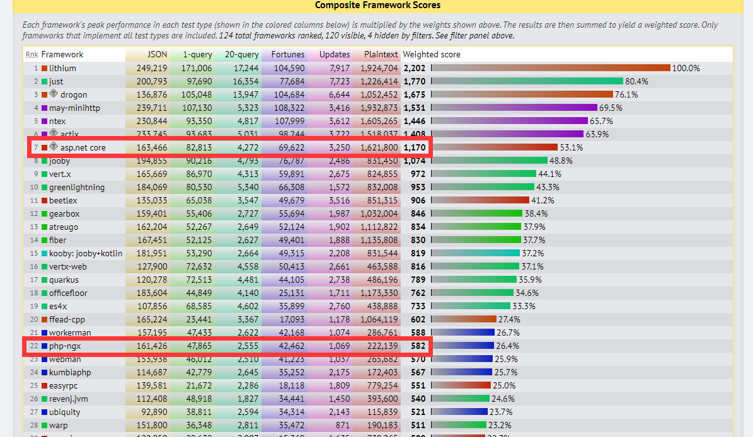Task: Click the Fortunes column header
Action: [x=288, y=55]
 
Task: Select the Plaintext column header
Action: [x=381, y=55]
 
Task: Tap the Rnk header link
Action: [x=32, y=55]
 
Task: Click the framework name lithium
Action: [x=62, y=68]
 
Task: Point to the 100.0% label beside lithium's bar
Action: [x=686, y=68]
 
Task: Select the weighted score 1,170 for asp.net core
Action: [x=415, y=147]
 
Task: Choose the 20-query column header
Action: [x=241, y=55]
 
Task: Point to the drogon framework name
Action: [x=74, y=94]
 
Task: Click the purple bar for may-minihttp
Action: [x=514, y=108]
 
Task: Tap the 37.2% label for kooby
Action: [x=532, y=253]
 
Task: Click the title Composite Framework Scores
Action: [x=377, y=5]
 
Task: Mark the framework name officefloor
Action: [x=68, y=293]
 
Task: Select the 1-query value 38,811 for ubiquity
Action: [x=197, y=412]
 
